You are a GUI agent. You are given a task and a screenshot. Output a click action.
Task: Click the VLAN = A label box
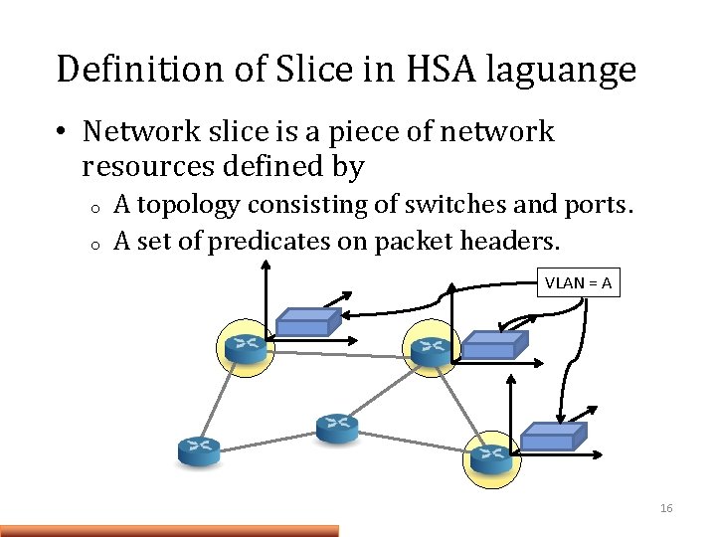(x=578, y=282)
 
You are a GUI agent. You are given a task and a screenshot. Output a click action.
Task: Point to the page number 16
(x=665, y=509)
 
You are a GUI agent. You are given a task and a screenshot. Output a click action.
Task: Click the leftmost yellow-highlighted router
(x=244, y=348)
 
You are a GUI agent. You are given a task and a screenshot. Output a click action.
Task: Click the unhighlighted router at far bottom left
(x=199, y=450)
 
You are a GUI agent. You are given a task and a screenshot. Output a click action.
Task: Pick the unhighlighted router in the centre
(x=337, y=428)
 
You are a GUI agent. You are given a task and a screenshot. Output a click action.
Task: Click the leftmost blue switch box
(x=307, y=320)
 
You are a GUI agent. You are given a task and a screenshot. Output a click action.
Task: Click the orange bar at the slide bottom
(x=169, y=531)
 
